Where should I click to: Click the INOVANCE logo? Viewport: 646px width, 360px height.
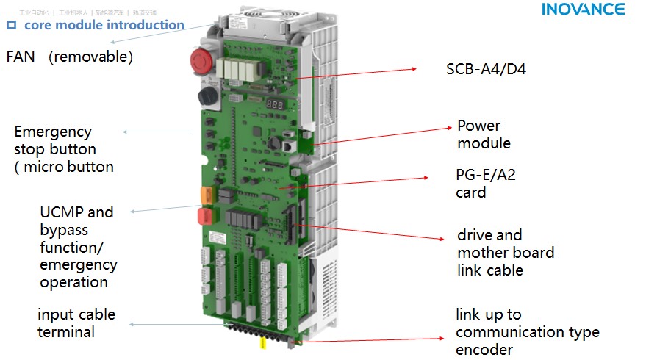click(x=583, y=10)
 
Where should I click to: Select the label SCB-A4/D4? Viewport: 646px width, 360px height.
click(x=486, y=70)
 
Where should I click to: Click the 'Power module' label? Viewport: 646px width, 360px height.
click(x=484, y=134)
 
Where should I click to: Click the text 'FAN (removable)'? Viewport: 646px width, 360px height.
click(x=69, y=57)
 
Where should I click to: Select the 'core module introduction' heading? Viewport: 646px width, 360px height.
click(x=104, y=25)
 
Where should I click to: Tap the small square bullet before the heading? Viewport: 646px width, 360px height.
click(x=11, y=25)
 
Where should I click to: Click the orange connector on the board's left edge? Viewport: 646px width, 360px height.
click(x=206, y=195)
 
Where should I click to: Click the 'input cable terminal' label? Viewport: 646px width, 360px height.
click(x=76, y=323)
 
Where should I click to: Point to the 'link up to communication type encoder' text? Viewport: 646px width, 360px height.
click(x=527, y=332)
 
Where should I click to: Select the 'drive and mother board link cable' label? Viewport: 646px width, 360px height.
click(x=506, y=252)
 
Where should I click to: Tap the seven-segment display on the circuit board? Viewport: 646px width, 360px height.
click(x=274, y=104)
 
